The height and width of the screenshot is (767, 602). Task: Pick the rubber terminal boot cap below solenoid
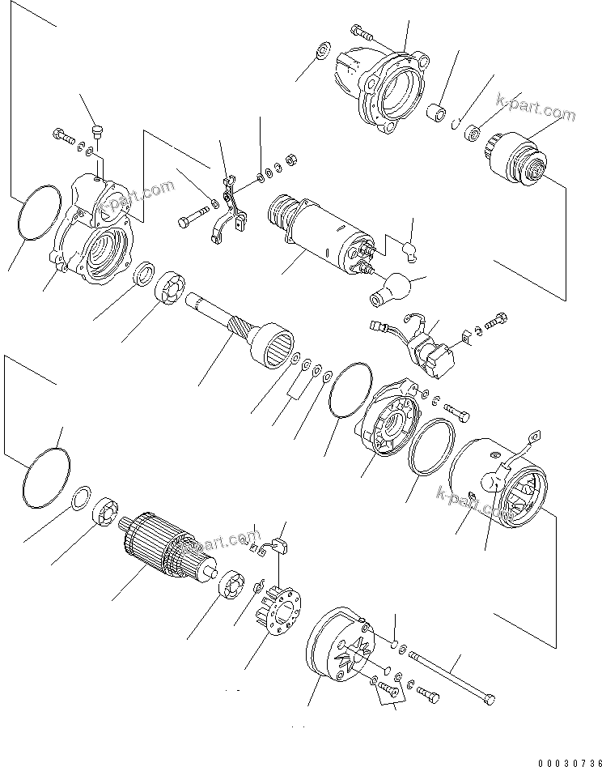pos(393,288)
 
